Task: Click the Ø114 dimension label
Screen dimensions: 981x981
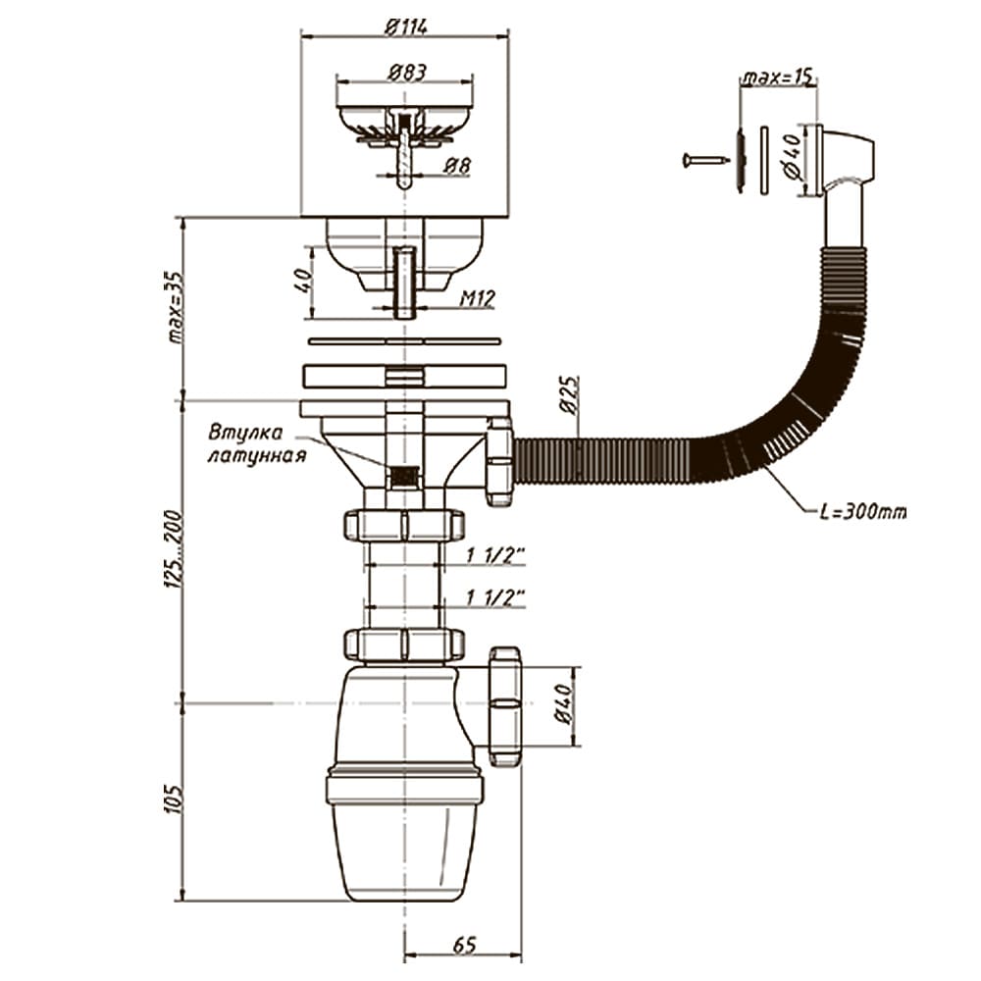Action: pyautogui.click(x=406, y=26)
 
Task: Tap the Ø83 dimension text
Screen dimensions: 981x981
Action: pyautogui.click(x=407, y=73)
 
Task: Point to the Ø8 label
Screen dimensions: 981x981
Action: pyautogui.click(x=457, y=166)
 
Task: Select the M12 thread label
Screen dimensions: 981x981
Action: pyautogui.click(x=478, y=299)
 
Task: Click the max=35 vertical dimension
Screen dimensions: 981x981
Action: pyautogui.click(x=177, y=308)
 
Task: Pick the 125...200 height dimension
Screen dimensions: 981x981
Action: pyautogui.click(x=174, y=549)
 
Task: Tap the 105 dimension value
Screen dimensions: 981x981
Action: pyautogui.click(x=176, y=799)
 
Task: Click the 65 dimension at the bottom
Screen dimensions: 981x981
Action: pyautogui.click(x=464, y=944)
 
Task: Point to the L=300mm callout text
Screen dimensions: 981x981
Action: pyautogui.click(x=862, y=512)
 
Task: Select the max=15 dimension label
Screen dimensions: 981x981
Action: pyautogui.click(x=778, y=77)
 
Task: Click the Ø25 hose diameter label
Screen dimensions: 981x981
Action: pyautogui.click(x=569, y=395)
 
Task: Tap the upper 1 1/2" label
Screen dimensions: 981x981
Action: pyautogui.click(x=494, y=555)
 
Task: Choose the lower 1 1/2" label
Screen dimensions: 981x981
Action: pyautogui.click(x=494, y=598)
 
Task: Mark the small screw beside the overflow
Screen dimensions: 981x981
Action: pyautogui.click(x=706, y=160)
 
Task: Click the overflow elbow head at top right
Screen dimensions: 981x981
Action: pyautogui.click(x=845, y=160)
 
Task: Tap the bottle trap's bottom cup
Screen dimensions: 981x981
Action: pyautogui.click(x=405, y=852)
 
